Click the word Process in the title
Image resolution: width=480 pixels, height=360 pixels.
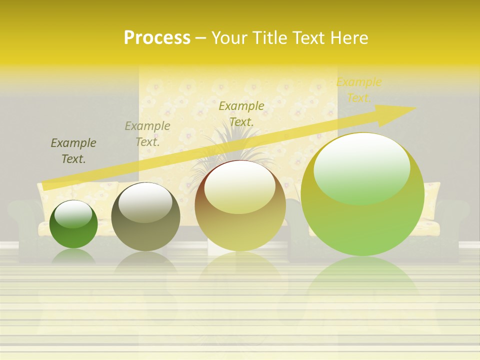pos(157,37)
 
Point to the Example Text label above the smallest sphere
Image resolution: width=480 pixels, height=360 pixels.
pos(73,150)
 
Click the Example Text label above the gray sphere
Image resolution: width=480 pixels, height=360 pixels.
pos(147,133)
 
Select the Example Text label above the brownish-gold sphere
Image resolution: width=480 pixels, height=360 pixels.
pos(241,113)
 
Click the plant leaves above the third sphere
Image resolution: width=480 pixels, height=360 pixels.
pos(235,145)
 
